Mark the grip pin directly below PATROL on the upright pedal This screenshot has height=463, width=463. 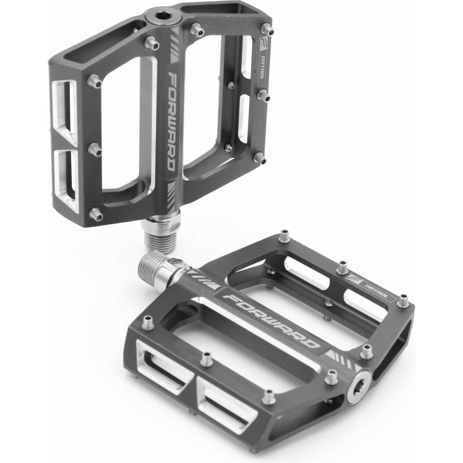(x=263, y=95)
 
